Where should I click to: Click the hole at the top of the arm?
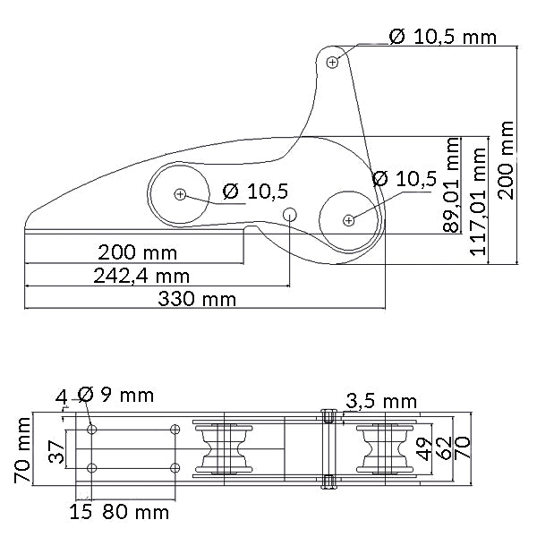click(x=333, y=62)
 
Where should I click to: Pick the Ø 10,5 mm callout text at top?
click(x=442, y=37)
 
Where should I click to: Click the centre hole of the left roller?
click(x=181, y=193)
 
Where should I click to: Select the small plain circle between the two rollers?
click(x=290, y=215)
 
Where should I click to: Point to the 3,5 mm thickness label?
click(x=381, y=400)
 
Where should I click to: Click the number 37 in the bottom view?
click(x=55, y=455)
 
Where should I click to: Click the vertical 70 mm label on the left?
click(x=23, y=455)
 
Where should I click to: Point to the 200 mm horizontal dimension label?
click(x=138, y=252)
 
